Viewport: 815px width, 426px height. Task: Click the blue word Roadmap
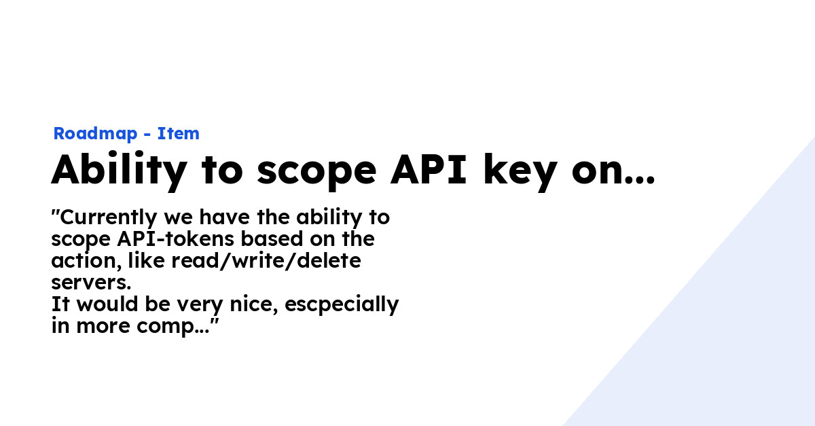click(95, 134)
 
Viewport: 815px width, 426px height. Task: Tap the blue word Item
click(178, 133)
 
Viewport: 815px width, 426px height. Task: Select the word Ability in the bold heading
click(120, 171)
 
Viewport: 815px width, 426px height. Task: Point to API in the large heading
click(429, 169)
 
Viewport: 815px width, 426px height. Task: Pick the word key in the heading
click(520, 171)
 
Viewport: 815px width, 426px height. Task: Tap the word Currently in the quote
click(109, 218)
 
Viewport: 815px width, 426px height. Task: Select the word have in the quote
click(225, 217)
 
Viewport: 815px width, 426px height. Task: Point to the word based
click(272, 239)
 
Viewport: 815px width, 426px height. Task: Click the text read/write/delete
click(266, 261)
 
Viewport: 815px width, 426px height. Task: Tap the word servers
click(91, 283)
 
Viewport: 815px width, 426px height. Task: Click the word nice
click(254, 305)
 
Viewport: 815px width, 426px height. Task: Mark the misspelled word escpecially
click(342, 305)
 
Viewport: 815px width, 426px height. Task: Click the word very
click(200, 306)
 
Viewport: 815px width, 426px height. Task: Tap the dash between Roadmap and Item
click(147, 135)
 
